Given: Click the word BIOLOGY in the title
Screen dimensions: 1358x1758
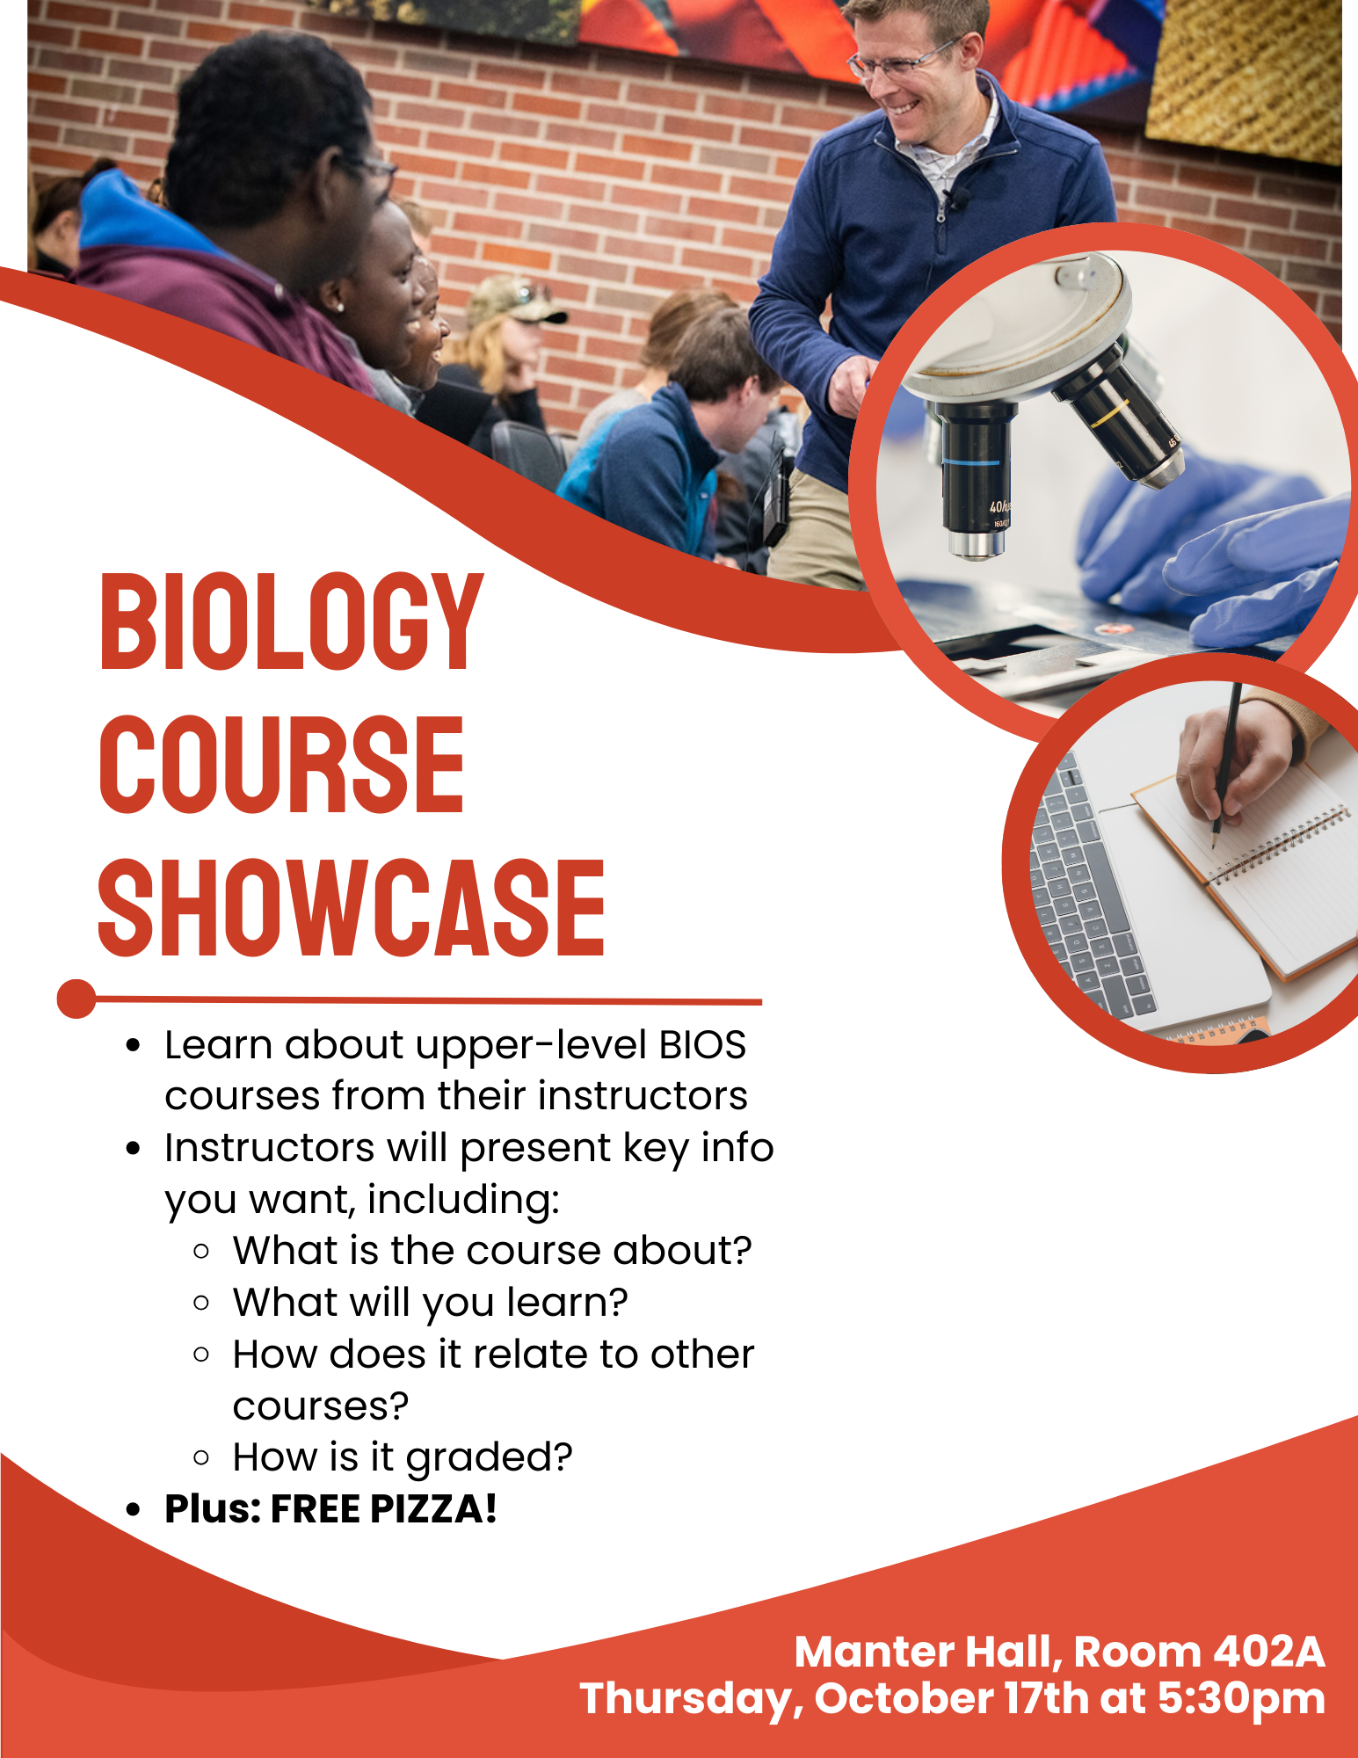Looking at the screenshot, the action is [x=291, y=622].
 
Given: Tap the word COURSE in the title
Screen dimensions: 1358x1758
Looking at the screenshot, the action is [x=281, y=765].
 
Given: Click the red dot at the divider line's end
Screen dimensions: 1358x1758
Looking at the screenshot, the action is [x=76, y=999].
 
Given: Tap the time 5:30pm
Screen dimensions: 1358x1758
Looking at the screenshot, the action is [x=1241, y=1699].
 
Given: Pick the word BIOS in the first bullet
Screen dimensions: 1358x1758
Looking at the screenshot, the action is [x=702, y=1045].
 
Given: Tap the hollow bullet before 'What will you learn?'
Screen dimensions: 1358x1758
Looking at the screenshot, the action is [x=201, y=1303].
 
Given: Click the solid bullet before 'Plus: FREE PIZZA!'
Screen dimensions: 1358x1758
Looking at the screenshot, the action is [x=134, y=1510].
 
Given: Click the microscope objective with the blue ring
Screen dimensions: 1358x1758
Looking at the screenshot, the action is [x=976, y=479].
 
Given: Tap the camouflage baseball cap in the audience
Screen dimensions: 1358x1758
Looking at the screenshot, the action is [x=515, y=301].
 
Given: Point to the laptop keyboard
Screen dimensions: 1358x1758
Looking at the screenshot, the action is [x=1089, y=889].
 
